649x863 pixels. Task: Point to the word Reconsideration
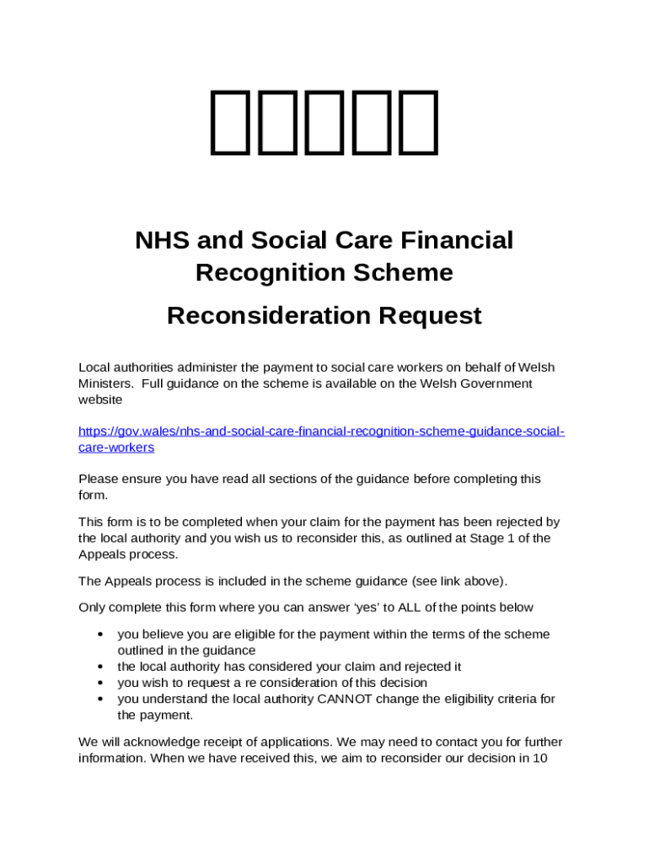point(268,316)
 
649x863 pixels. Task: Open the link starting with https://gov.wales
point(321,431)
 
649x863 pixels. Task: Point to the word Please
point(98,479)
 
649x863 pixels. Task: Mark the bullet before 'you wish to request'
point(100,683)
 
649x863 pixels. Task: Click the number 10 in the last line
point(541,758)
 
